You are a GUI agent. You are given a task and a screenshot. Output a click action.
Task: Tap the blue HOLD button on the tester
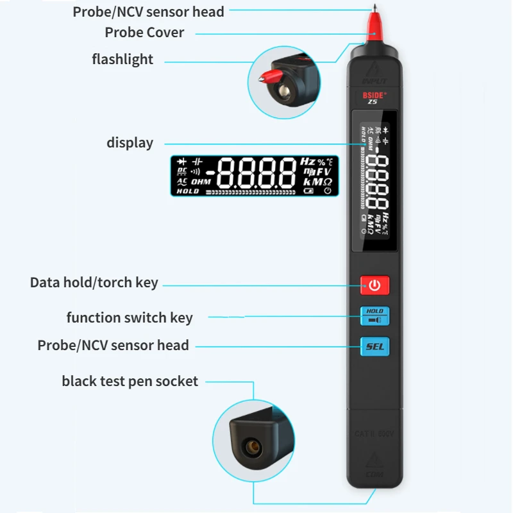374,315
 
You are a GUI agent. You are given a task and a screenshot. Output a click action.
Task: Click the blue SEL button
374,347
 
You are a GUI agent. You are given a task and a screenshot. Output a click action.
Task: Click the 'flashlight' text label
122,60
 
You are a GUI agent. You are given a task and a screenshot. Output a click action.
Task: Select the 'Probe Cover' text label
144,33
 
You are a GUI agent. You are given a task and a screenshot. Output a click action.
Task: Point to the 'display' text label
130,142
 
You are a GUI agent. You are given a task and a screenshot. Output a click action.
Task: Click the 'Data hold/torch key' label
94,283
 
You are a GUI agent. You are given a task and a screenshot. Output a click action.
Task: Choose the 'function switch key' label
130,317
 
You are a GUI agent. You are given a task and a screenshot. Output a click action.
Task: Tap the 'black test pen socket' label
130,382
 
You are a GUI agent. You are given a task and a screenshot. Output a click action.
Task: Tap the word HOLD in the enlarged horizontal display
188,191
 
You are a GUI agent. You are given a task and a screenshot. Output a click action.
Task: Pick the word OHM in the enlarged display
201,181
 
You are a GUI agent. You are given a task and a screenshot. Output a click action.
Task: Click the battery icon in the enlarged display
310,191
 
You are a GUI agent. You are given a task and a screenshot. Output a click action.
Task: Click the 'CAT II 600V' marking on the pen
374,434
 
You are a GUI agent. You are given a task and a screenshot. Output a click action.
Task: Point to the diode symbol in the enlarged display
182,162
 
